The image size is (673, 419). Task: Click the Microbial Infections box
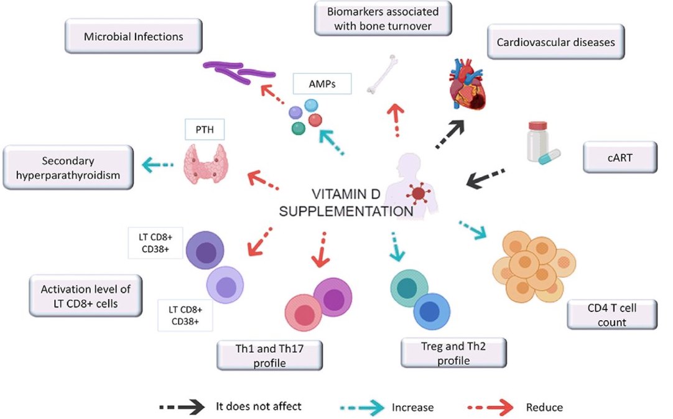click(133, 37)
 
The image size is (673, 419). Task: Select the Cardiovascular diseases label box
click(555, 42)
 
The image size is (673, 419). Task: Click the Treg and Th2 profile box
click(453, 353)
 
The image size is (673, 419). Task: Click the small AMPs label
click(322, 83)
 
